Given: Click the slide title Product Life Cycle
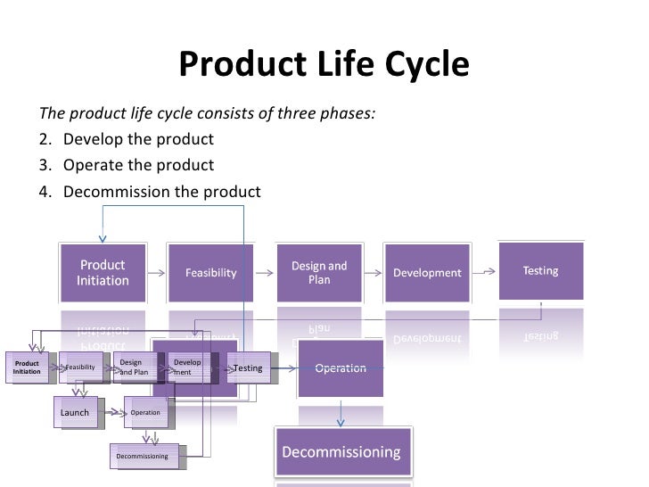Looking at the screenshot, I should (x=324, y=64).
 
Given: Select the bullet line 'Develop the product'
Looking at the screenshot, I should (x=138, y=140).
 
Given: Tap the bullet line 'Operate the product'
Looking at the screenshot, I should (x=138, y=166).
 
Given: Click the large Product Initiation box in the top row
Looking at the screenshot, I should (x=103, y=272).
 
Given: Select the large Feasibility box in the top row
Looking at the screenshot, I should (x=211, y=273).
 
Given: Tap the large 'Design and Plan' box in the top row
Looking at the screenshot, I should (x=319, y=273).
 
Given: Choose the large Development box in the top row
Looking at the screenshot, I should (x=427, y=273).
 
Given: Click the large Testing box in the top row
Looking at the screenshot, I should (x=540, y=270).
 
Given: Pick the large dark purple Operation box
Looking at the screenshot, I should (x=341, y=368).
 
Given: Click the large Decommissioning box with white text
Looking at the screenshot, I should (x=341, y=452).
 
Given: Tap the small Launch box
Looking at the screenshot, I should (x=75, y=413).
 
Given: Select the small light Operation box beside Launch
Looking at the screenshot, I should (x=145, y=413).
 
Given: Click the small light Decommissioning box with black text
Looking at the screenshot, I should (x=143, y=457).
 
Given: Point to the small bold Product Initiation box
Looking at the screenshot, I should (x=27, y=367).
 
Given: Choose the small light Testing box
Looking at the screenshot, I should (x=248, y=367).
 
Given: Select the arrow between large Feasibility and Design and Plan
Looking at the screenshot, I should (x=266, y=273).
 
